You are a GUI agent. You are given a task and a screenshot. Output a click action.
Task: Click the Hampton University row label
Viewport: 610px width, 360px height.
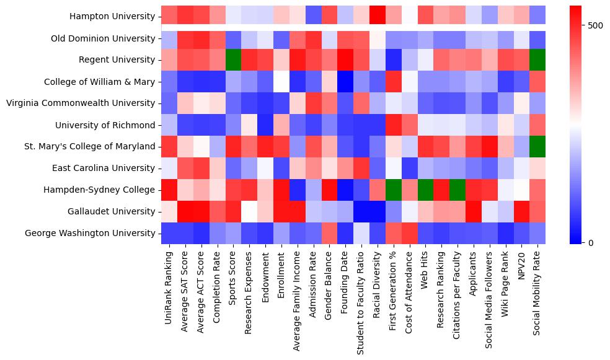coord(112,17)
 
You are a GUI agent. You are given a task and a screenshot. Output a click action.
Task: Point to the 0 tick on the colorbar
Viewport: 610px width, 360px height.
coord(584,242)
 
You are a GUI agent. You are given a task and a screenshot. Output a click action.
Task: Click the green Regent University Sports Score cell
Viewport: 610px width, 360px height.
coord(231,59)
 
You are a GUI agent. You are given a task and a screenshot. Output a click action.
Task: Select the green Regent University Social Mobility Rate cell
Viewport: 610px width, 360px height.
coord(538,59)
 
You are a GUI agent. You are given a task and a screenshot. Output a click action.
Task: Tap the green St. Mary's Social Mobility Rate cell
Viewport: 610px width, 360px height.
coord(538,146)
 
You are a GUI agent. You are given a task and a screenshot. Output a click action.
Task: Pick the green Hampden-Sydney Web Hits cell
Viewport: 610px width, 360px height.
coord(426,190)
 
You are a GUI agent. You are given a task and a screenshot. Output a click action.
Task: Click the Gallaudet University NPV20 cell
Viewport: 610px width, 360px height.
coord(521,211)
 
